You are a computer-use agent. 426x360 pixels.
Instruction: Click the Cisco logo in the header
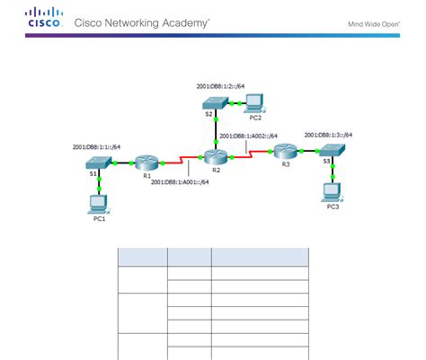pyautogui.click(x=44, y=18)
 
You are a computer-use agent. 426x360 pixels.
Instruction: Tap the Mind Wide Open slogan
pyautogui.click(x=374, y=23)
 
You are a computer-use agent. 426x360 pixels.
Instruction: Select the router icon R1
pyautogui.click(x=147, y=163)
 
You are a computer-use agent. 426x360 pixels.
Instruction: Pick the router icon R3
pyautogui.click(x=287, y=152)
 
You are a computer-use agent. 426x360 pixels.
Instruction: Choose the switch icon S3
pyautogui.click(x=332, y=153)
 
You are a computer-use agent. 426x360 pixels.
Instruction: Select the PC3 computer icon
pyautogui.click(x=333, y=190)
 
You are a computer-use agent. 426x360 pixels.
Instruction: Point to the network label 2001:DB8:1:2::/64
pyautogui.click(x=221, y=86)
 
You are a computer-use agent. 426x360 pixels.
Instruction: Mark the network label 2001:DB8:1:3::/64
pyautogui.click(x=329, y=135)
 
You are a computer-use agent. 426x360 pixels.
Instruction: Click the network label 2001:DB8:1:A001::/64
pyautogui.click(x=180, y=182)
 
